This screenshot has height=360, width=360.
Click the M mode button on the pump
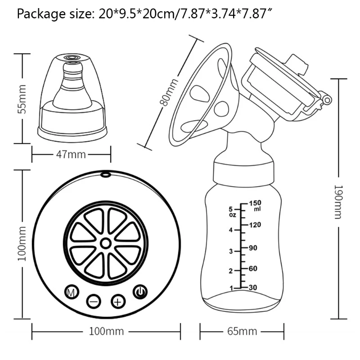[72, 292]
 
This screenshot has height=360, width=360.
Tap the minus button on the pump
[94, 301]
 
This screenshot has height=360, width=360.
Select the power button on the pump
[140, 292]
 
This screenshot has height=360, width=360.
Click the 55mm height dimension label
[22, 99]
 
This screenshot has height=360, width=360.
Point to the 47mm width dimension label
[71, 154]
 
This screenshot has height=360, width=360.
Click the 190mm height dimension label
[338, 202]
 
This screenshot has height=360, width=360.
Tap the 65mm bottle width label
[242, 331]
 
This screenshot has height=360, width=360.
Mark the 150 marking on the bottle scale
[255, 203]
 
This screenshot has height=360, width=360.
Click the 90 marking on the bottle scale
[253, 248]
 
